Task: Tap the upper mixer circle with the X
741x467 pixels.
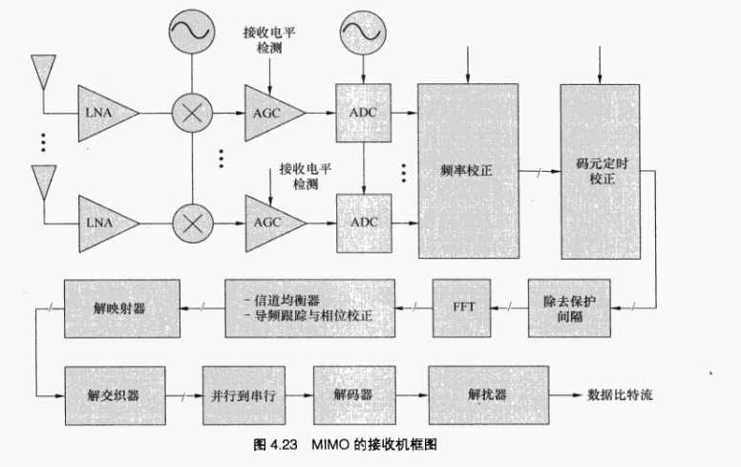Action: coord(191,113)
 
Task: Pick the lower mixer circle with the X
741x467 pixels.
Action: coord(191,223)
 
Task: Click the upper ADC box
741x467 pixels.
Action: coord(364,113)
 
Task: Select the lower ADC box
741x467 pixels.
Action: coord(364,223)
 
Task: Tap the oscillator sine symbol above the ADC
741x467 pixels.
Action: coord(363,34)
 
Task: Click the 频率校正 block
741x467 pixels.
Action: coord(467,172)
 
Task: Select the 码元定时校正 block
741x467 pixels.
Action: coord(599,172)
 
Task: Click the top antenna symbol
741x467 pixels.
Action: coord(42,71)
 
